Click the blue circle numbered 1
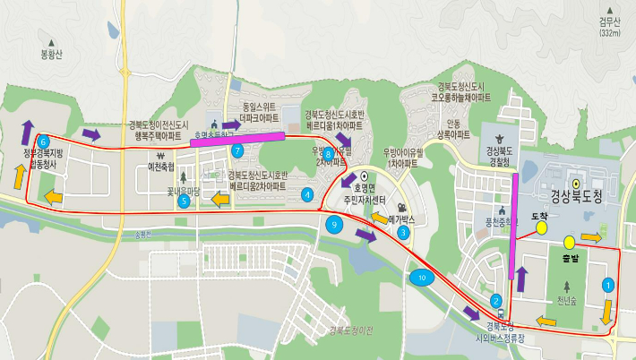608,285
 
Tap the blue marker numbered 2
495,300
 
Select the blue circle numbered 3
404,233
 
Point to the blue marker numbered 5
184,201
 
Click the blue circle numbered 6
43,141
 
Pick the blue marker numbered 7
237,150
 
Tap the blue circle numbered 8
329,154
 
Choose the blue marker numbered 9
335,225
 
